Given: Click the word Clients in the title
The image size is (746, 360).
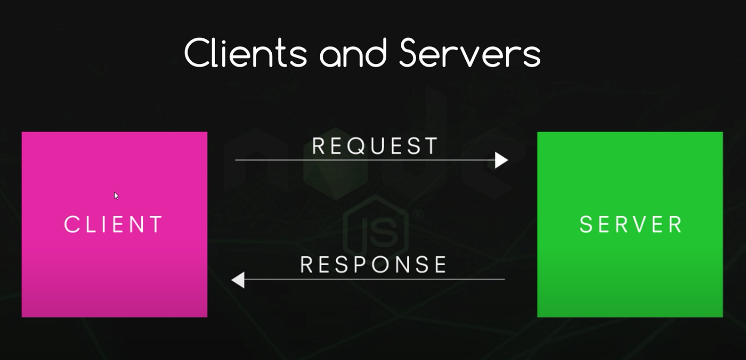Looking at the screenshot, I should (x=246, y=53).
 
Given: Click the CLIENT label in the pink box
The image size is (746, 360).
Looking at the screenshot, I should (x=113, y=225).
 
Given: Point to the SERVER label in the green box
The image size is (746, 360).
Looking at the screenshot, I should (x=630, y=225).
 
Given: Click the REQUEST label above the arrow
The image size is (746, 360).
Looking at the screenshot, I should (x=375, y=146).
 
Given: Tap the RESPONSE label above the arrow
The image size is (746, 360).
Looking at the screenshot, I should (x=374, y=265).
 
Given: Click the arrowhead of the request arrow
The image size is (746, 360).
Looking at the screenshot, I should (x=501, y=160).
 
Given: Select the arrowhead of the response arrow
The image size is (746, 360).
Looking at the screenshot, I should (x=238, y=280).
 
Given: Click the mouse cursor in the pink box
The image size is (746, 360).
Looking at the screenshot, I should (x=116, y=195).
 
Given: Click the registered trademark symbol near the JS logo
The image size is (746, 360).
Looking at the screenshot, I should (x=418, y=215).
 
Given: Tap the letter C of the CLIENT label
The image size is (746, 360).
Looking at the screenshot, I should (x=71, y=225).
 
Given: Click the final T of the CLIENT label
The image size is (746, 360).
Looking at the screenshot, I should (x=156, y=225).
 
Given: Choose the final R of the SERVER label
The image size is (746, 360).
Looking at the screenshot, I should (x=675, y=225).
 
